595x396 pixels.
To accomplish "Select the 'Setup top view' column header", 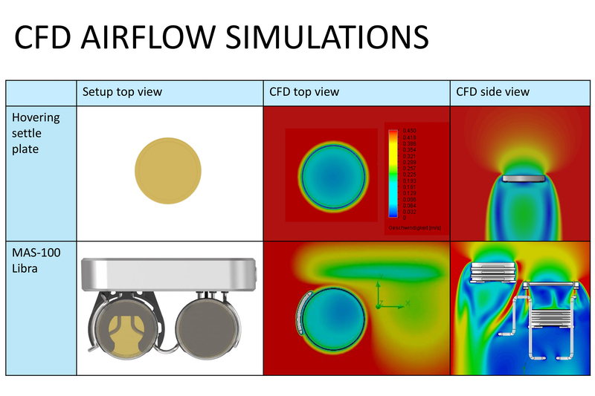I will tap(122, 92).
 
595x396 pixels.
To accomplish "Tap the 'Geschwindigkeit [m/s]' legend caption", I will tap(415, 227).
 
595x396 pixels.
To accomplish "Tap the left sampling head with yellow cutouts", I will tap(127, 328).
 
